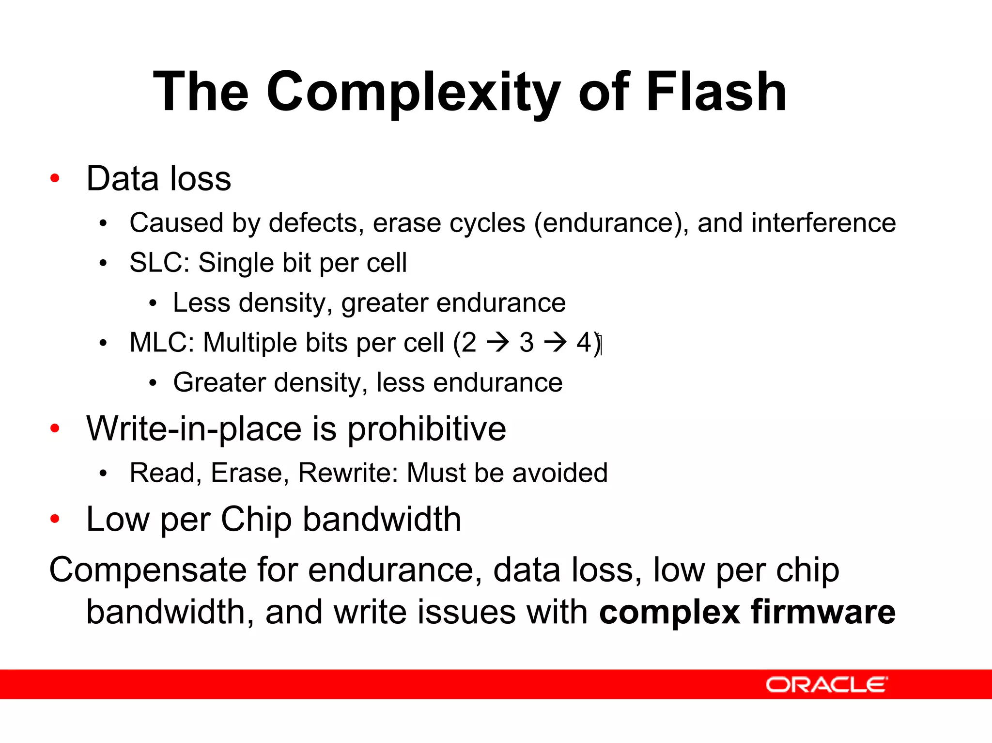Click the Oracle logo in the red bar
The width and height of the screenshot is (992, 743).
pyautogui.click(x=826, y=684)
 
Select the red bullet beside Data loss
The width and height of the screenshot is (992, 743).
pyautogui.click(x=55, y=178)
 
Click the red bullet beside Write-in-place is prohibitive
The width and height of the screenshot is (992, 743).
pyautogui.click(x=55, y=428)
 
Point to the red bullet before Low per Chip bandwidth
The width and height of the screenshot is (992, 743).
pyautogui.click(x=55, y=519)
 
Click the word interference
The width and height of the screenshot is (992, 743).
pyautogui.click(x=823, y=223)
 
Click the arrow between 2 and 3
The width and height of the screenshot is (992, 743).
pyautogui.click(x=498, y=343)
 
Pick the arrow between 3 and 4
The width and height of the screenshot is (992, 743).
pyautogui.click(x=555, y=343)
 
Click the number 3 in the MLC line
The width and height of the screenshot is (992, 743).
pyautogui.click(x=527, y=343)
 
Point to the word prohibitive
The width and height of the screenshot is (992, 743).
pyautogui.click(x=427, y=429)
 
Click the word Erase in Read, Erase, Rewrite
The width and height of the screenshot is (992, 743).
pyautogui.click(x=246, y=473)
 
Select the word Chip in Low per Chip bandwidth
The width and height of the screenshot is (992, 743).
pyautogui.click(x=256, y=520)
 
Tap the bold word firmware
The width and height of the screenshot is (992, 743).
pyautogui.click(x=823, y=612)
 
